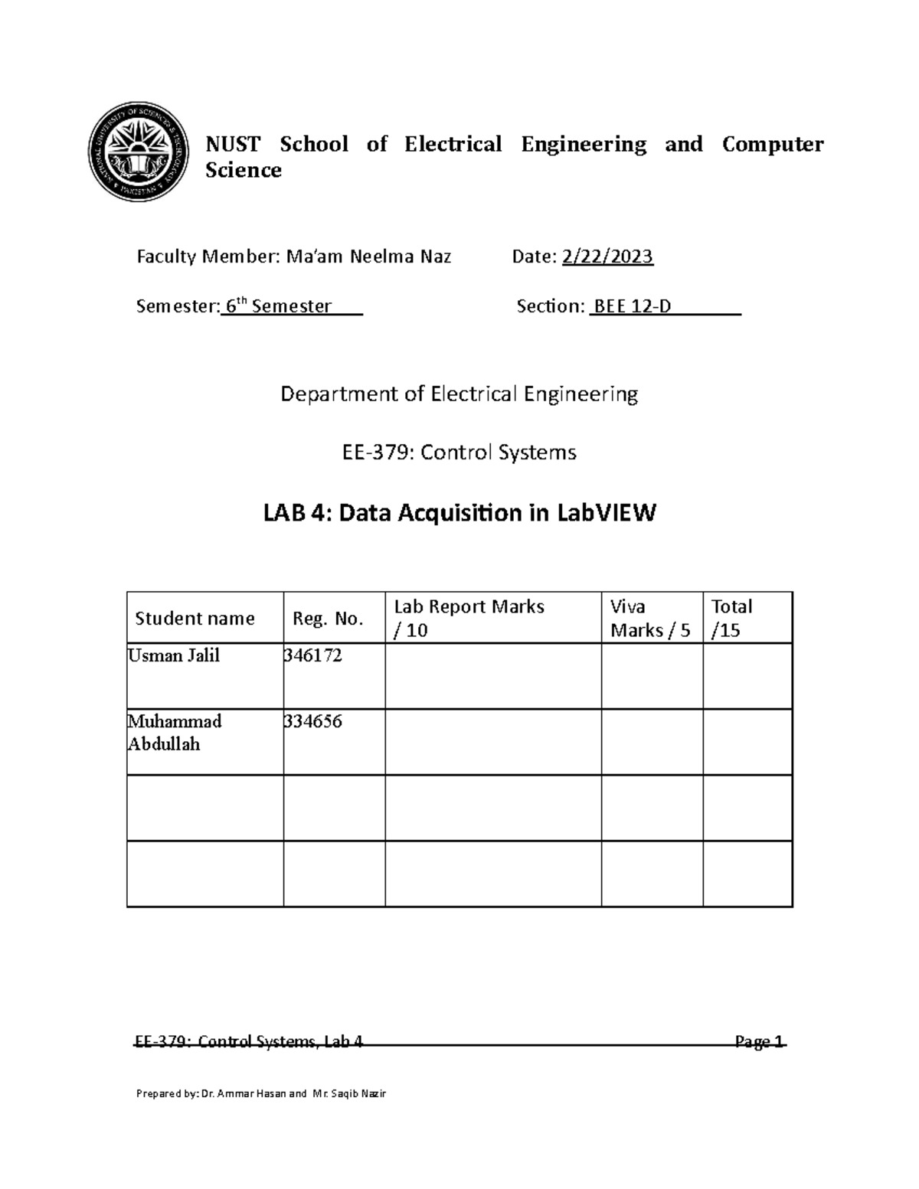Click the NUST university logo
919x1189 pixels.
[138, 153]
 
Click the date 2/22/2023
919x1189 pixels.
[607, 256]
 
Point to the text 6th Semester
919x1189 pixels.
[278, 306]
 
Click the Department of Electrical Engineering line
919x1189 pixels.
[459, 394]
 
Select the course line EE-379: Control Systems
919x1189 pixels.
[459, 452]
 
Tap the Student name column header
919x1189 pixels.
[195, 619]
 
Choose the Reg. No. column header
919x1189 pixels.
[328, 619]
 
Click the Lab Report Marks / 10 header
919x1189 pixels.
[469, 618]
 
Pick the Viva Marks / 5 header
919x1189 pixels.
[650, 618]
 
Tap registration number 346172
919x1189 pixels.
[312, 655]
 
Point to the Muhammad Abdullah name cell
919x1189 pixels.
[175, 733]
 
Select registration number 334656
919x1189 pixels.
[312, 721]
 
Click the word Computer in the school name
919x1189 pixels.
[772, 144]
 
